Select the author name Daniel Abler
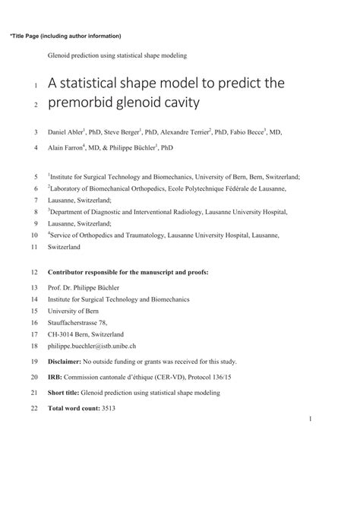[65, 132]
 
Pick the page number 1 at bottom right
[311, 419]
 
